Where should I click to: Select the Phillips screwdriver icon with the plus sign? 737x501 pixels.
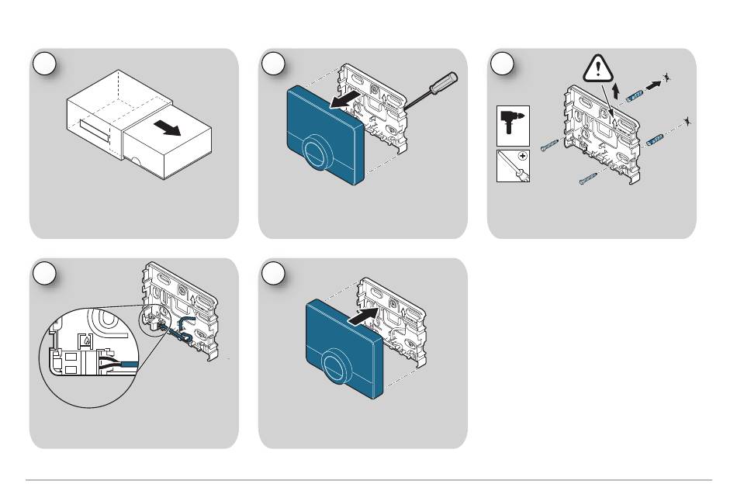[512, 166]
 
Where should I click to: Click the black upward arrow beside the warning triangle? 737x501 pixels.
[614, 93]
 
